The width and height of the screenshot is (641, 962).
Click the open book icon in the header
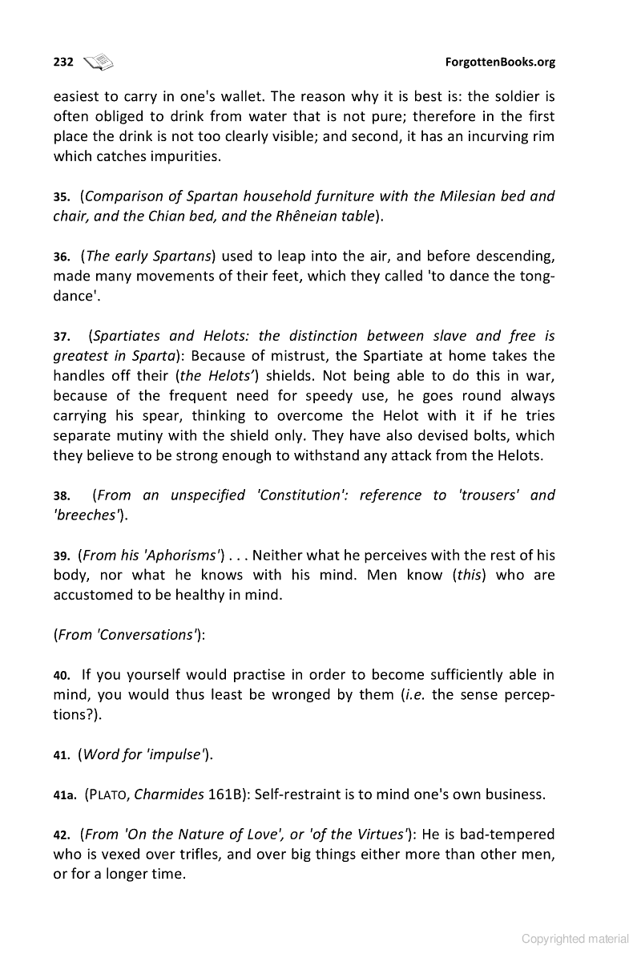[99, 62]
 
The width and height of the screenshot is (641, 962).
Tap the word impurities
[181, 156]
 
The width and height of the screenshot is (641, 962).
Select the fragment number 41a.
[65, 796]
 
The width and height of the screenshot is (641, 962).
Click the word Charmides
[169, 795]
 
